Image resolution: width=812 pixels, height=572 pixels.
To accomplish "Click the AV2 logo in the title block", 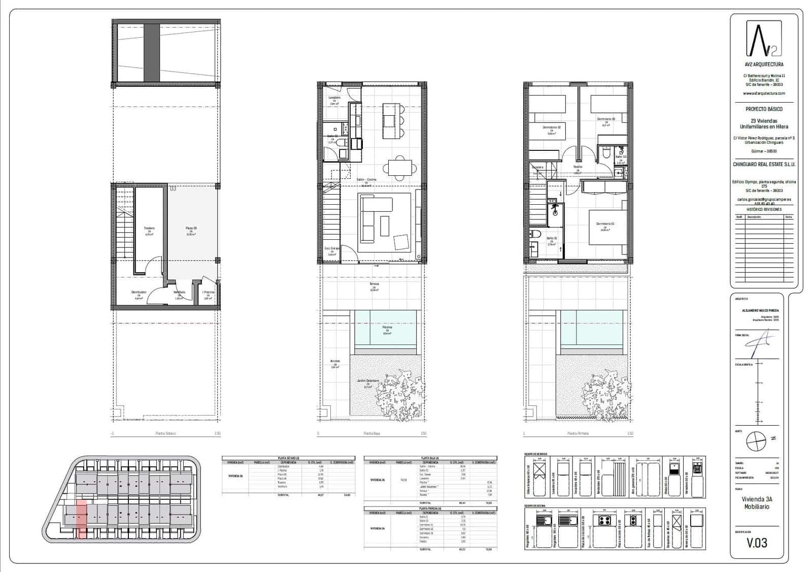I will tap(763, 39).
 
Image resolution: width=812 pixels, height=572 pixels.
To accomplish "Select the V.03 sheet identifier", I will tap(757, 543).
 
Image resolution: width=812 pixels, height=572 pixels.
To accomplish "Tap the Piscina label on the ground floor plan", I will tap(388, 328).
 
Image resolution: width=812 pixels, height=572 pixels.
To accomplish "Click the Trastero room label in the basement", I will tap(149, 229).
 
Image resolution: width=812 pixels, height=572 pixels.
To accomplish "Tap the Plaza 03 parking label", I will tap(191, 229).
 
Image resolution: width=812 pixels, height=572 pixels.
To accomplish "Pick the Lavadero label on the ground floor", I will tap(334, 98).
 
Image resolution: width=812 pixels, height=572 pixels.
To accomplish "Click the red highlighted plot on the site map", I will tap(81, 518).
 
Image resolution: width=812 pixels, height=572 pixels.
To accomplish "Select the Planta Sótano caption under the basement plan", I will tap(165, 433).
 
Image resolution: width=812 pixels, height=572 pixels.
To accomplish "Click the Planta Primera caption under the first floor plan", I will tap(578, 433).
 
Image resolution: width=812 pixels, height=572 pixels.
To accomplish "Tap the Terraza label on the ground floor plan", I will tap(374, 284).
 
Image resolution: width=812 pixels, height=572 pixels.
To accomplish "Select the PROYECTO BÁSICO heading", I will tap(764, 109).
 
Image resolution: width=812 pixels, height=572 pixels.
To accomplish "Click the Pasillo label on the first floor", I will tap(578, 167).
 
